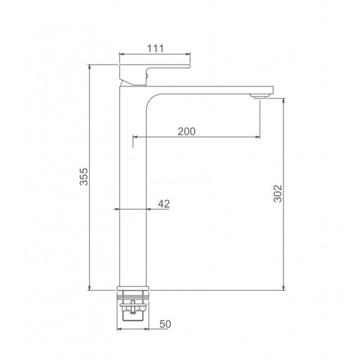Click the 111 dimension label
click(156, 48)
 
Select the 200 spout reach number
click(187, 132)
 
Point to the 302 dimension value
click(277, 193)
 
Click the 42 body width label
click(164, 204)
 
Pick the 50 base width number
click(165, 324)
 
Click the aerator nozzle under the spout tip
click(260, 96)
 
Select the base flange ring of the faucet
click(133, 289)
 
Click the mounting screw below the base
click(132, 307)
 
